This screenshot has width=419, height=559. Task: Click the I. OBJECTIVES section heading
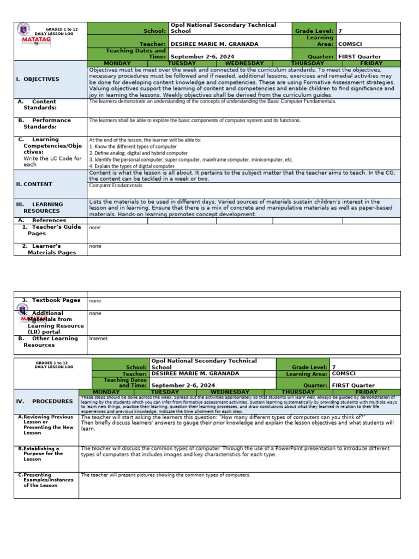(x=38, y=79)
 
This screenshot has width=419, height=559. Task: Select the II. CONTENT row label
(x=34, y=184)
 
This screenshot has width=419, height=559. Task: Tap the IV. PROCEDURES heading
(x=44, y=401)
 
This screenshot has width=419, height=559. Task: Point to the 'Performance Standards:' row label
(x=44, y=123)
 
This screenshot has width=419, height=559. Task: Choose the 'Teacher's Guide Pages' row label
(x=51, y=230)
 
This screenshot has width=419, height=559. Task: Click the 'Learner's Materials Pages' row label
(x=49, y=249)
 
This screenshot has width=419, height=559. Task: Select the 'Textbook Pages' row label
(x=51, y=300)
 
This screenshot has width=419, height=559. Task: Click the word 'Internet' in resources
(x=98, y=338)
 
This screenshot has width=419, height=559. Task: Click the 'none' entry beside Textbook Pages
(x=95, y=301)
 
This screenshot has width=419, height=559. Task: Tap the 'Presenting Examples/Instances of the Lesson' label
(x=47, y=480)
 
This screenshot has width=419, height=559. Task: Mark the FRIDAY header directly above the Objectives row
(x=371, y=63)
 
